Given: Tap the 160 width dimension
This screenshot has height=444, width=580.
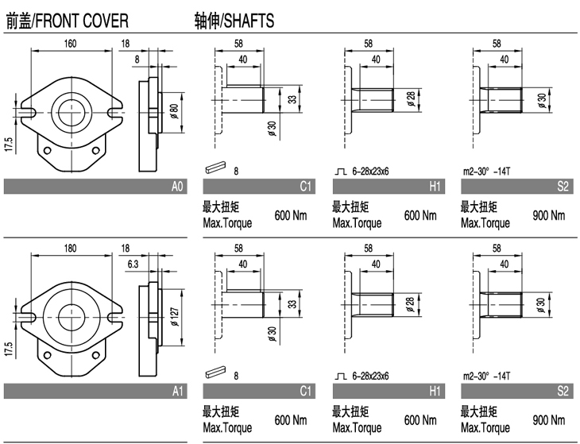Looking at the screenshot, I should click(71, 43).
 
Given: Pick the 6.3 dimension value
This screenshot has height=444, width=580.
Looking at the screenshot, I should click(133, 264).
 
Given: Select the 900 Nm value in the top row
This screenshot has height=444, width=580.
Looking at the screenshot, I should click(547, 215).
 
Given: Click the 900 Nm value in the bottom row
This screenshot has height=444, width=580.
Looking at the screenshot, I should click(547, 419).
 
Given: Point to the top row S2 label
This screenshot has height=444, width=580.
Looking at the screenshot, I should click(563, 187).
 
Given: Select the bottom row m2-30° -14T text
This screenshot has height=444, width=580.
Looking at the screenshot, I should click(485, 375).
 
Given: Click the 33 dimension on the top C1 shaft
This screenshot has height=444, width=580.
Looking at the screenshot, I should click(292, 100).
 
